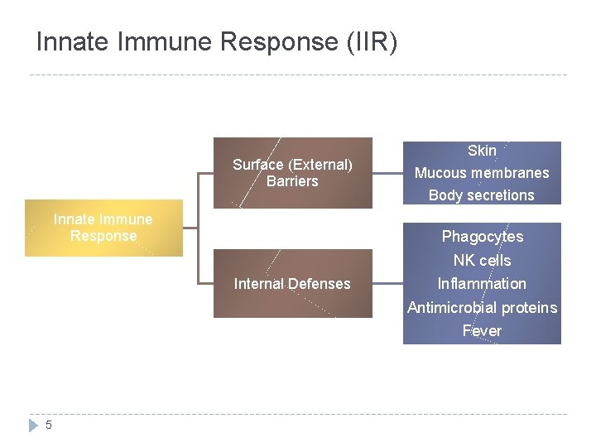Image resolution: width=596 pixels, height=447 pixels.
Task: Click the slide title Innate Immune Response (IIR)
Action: (x=217, y=42)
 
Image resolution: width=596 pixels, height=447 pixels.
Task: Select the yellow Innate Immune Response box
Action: (x=103, y=228)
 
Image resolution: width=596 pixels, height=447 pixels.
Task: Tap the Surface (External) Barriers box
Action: (x=292, y=172)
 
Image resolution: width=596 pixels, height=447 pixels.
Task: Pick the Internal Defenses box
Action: (x=292, y=284)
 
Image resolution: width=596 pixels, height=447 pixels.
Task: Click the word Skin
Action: (x=482, y=151)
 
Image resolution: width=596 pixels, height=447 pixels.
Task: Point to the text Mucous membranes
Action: (x=482, y=173)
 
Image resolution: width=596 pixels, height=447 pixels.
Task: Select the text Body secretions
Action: (x=482, y=195)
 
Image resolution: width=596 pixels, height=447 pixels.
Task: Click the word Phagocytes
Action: (x=482, y=237)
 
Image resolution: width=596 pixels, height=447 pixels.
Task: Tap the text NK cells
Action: (x=482, y=260)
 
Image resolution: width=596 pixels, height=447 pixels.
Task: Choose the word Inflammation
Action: (x=482, y=284)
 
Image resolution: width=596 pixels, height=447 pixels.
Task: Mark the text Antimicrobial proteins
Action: (x=482, y=308)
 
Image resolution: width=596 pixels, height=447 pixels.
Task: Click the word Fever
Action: (x=482, y=331)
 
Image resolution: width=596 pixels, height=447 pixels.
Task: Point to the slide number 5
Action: (x=49, y=425)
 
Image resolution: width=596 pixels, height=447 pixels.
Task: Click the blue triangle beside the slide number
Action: (x=34, y=425)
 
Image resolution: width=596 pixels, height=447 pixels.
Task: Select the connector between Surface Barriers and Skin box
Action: (x=387, y=173)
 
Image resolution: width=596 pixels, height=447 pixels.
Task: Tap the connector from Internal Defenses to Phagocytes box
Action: (x=387, y=284)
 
